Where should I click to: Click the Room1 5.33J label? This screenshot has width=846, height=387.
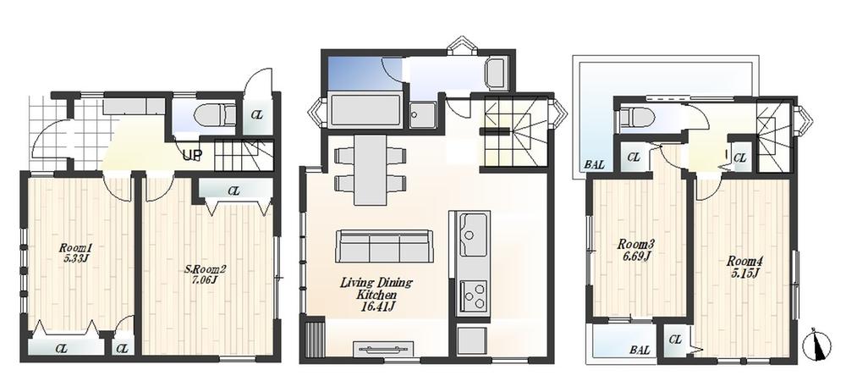74,252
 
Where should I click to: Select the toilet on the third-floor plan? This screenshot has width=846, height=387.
637,117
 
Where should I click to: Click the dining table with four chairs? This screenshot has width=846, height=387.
369,169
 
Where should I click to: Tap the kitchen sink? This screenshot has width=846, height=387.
472,229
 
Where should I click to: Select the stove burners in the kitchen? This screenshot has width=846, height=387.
473,296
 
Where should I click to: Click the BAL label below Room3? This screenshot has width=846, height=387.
640,349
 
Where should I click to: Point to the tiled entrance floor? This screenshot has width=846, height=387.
47,131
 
